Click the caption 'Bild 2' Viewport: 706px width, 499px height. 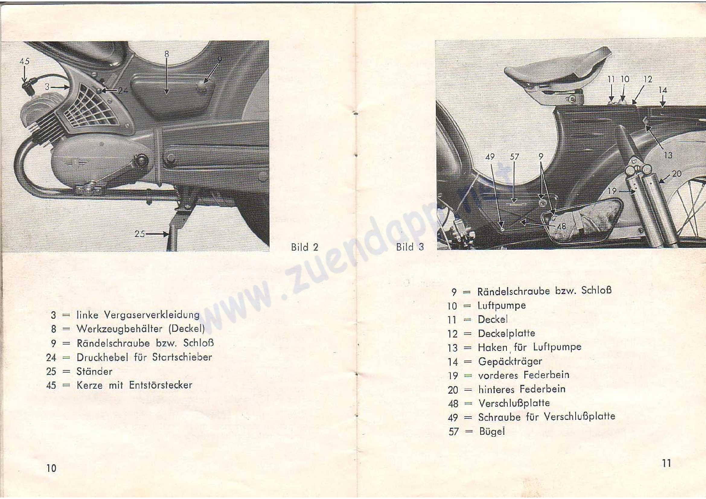305,247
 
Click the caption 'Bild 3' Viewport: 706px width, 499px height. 410,247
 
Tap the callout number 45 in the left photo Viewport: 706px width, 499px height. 24,61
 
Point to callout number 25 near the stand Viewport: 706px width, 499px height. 140,234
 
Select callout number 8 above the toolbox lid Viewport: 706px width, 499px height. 167,54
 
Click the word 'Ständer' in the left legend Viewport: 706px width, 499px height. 94,371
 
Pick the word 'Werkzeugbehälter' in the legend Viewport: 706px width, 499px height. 119,329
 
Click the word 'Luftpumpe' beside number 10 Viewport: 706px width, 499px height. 502,305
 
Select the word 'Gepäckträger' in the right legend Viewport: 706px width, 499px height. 510,361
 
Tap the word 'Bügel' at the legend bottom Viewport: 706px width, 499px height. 492,431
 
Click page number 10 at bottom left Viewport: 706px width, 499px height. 51,468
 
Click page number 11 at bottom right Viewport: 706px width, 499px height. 667,463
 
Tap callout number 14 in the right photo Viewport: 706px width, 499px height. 663,90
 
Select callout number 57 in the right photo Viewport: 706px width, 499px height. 514,157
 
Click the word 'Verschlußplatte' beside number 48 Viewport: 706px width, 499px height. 514,403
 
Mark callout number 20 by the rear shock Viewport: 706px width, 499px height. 677,174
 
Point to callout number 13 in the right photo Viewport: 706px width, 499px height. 668,155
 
